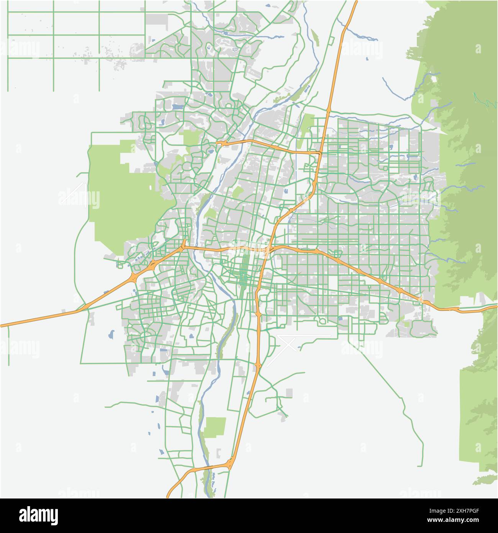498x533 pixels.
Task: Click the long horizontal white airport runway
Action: [305, 336]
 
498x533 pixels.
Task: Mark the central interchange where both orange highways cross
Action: [270, 250]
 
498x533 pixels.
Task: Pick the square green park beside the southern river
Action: [215, 426]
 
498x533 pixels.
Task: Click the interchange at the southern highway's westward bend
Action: [230, 464]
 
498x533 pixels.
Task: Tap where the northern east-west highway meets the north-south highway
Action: [320, 153]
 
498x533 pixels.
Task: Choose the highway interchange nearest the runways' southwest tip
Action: [259, 365]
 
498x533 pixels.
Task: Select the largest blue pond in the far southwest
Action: [111, 334]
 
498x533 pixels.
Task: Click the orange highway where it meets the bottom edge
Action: [169, 496]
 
